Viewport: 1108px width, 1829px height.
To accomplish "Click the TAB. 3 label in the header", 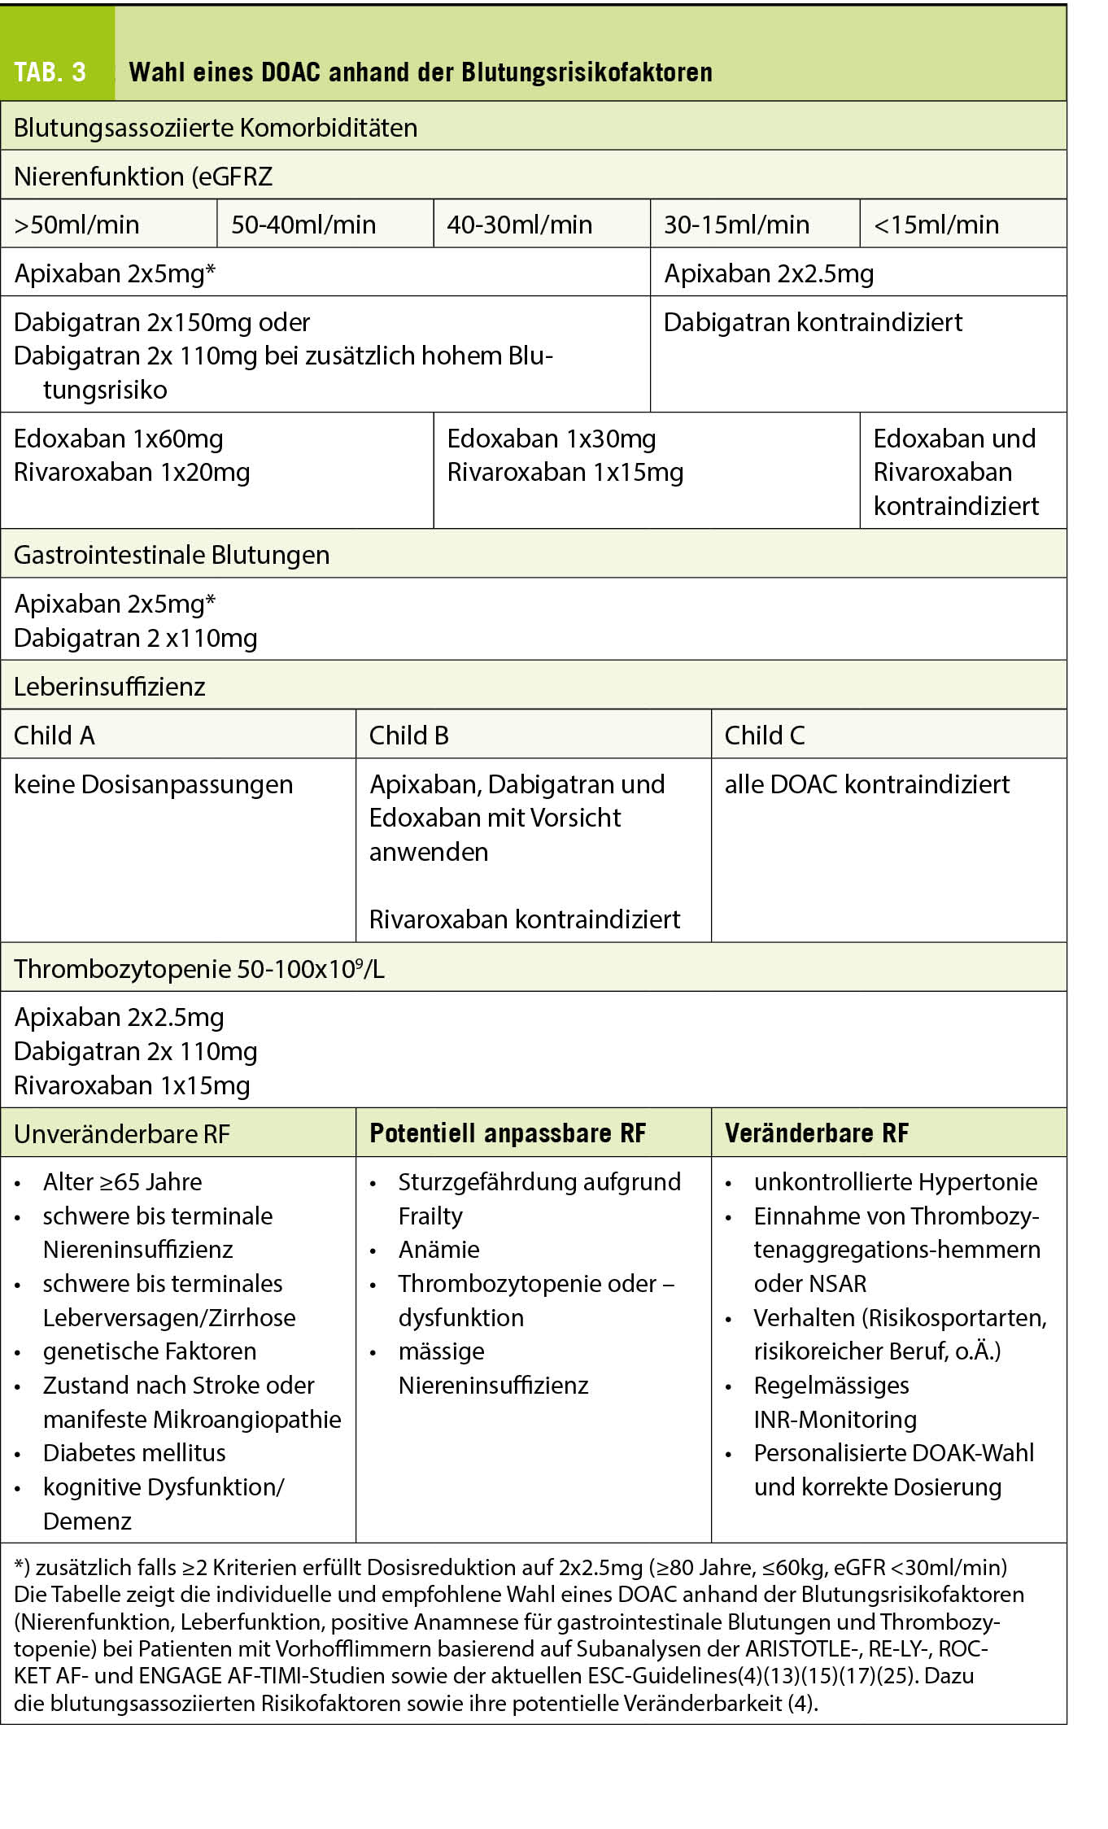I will pyautogui.click(x=50, y=72).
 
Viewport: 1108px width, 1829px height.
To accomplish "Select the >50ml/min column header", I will pyautogui.click(x=76, y=224).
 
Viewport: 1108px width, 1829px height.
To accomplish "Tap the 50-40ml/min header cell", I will pyautogui.click(x=303, y=224).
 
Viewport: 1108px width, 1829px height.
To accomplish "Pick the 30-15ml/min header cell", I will pyautogui.click(x=736, y=224).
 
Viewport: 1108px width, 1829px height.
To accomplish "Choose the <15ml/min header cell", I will pyautogui.click(x=936, y=224).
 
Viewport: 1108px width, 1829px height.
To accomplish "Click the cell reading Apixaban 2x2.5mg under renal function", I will pyautogui.click(x=769, y=273).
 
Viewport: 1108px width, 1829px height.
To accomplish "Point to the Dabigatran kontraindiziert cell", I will pyautogui.click(x=813, y=322).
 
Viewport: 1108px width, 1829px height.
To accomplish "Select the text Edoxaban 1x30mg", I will pyautogui.click(x=552, y=439).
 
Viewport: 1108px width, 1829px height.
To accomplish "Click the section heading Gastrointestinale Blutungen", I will pyautogui.click(x=172, y=555).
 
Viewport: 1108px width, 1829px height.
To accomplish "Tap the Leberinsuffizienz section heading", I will pyautogui.click(x=110, y=686).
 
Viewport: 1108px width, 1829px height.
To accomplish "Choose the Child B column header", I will pyautogui.click(x=408, y=736).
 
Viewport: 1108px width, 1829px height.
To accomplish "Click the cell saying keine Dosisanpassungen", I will pyautogui.click(x=153, y=784).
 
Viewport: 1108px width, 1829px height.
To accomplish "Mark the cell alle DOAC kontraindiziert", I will pyautogui.click(x=866, y=784).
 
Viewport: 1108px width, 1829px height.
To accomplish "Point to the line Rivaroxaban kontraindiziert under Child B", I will pyautogui.click(x=525, y=919).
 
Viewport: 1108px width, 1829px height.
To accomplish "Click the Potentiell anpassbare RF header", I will pyautogui.click(x=508, y=1133).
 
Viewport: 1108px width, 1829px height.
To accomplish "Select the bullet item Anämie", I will pyautogui.click(x=438, y=1249).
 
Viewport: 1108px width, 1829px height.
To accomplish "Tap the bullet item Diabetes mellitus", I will pyautogui.click(x=134, y=1452).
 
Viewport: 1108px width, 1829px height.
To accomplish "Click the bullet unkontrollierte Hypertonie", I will pyautogui.click(x=896, y=1181).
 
